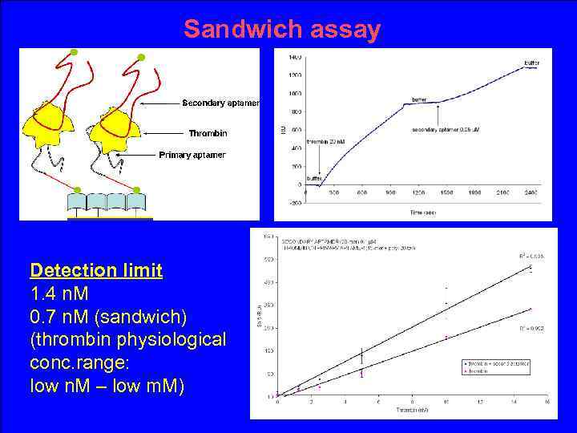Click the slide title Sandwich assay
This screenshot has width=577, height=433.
click(281, 30)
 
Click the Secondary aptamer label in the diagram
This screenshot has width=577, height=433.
click(220, 103)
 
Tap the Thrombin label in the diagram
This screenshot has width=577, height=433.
click(208, 133)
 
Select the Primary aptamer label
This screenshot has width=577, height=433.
click(192, 155)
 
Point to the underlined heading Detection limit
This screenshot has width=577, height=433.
click(96, 270)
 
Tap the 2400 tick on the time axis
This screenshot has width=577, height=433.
click(531, 192)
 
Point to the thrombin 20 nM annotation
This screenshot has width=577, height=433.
click(326, 141)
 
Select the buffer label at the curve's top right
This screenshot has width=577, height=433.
click(531, 63)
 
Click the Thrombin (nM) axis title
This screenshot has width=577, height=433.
click(411, 410)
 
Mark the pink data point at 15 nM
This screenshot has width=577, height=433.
click(530, 309)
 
